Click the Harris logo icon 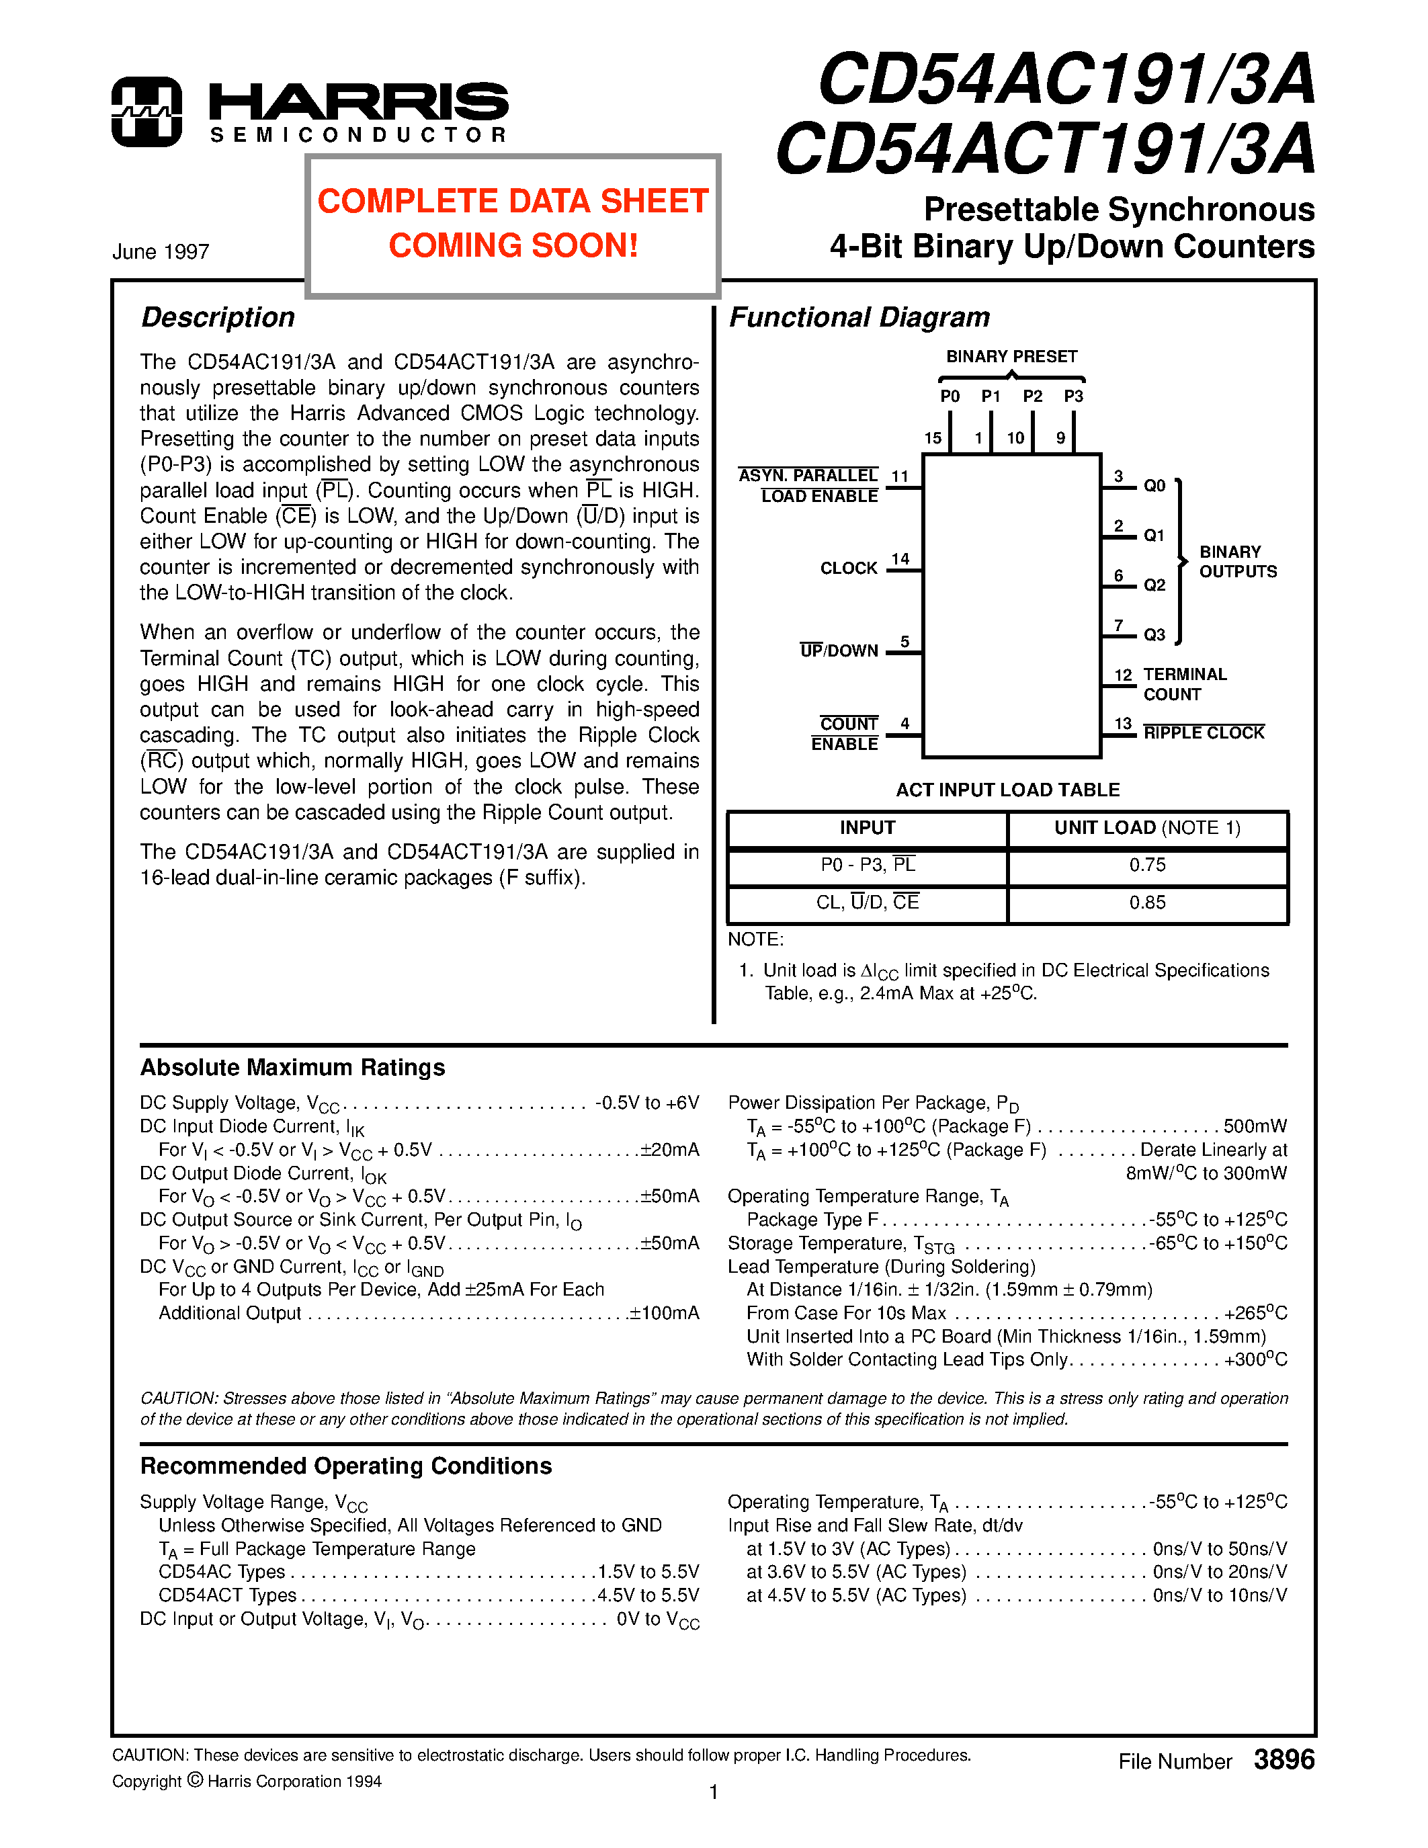[146, 112]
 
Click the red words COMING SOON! [513, 246]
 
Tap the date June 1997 [161, 252]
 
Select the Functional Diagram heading [859, 317]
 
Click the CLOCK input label [849, 568]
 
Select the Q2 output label [1154, 585]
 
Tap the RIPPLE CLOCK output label [1203, 732]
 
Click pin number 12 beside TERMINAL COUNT [1123, 675]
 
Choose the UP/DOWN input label [839, 650]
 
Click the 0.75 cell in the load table [1147, 865]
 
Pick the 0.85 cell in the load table [1147, 903]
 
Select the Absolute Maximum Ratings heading [293, 1068]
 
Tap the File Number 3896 [1216, 1761]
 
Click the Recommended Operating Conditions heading [346, 1466]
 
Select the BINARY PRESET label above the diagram [1011, 356]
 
